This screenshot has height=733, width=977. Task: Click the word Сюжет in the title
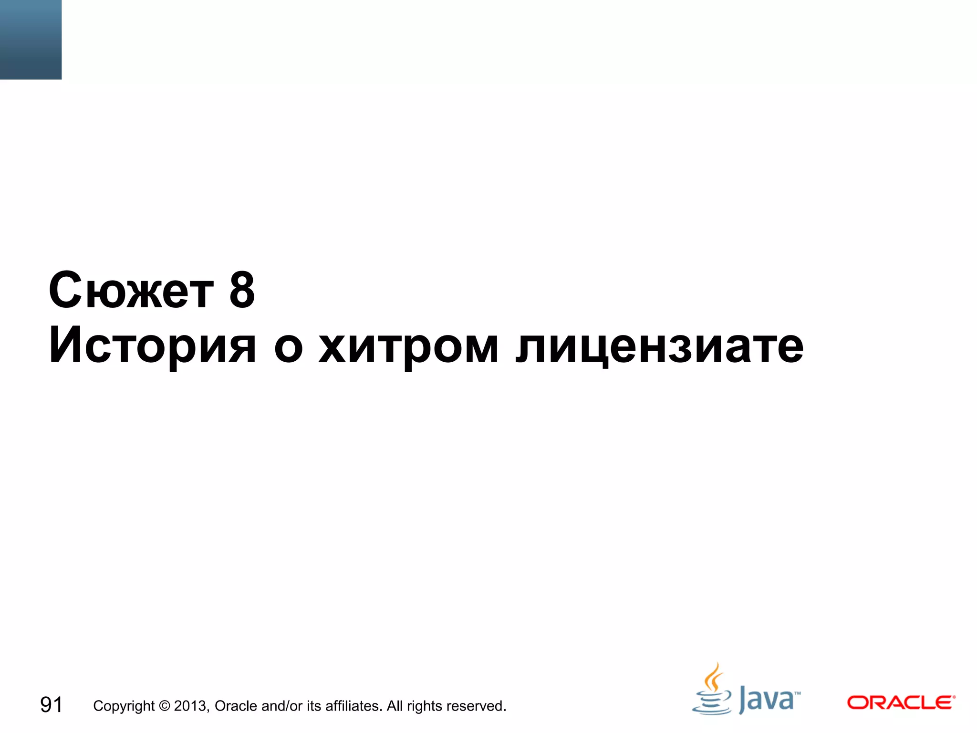tap(131, 291)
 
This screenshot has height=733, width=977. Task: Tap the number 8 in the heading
tap(242, 290)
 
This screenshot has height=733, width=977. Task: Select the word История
tap(152, 346)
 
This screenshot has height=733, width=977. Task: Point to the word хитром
tap(408, 346)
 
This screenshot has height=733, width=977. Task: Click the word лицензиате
tap(659, 346)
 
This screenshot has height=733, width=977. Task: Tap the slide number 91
tap(51, 705)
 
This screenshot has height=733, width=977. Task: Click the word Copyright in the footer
tap(124, 706)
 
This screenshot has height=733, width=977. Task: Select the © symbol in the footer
tap(164, 705)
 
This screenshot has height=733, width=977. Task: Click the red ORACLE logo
tap(901, 702)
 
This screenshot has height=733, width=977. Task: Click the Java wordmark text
tap(767, 700)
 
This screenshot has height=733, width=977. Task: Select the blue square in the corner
tap(31, 39)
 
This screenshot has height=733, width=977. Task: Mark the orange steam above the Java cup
tap(713, 677)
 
